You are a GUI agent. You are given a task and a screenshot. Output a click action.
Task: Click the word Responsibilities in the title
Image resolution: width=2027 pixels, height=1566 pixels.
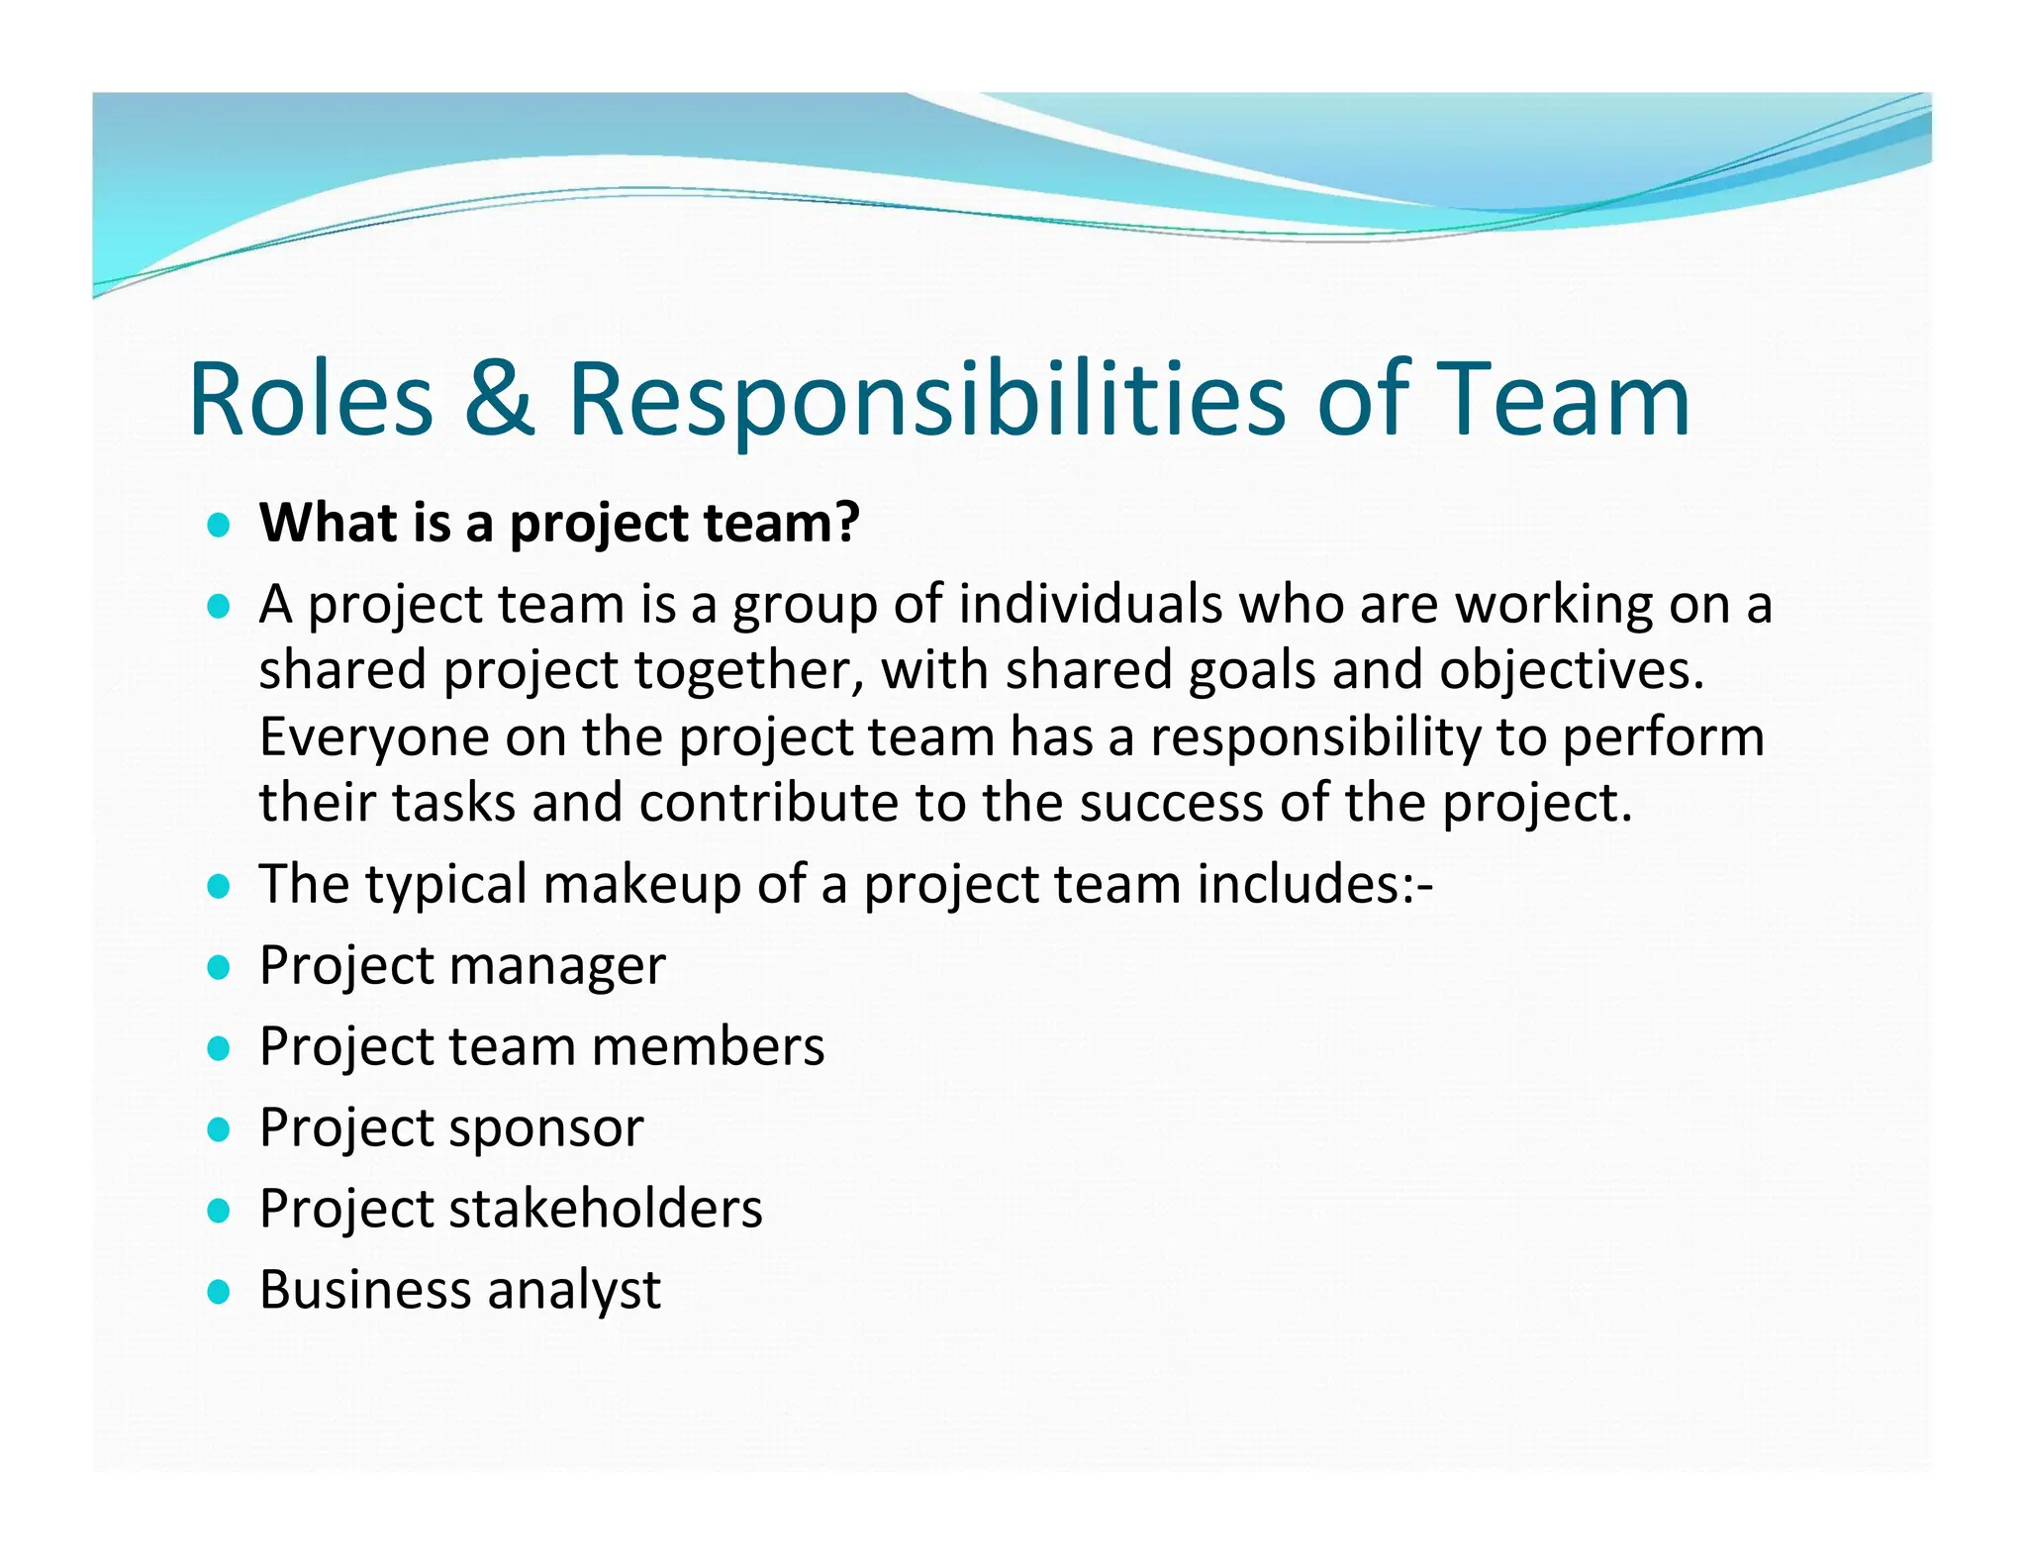click(926, 400)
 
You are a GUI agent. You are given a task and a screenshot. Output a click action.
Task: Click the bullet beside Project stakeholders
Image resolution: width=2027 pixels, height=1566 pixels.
click(219, 1210)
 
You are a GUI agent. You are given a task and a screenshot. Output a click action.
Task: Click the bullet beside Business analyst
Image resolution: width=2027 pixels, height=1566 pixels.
click(219, 1291)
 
